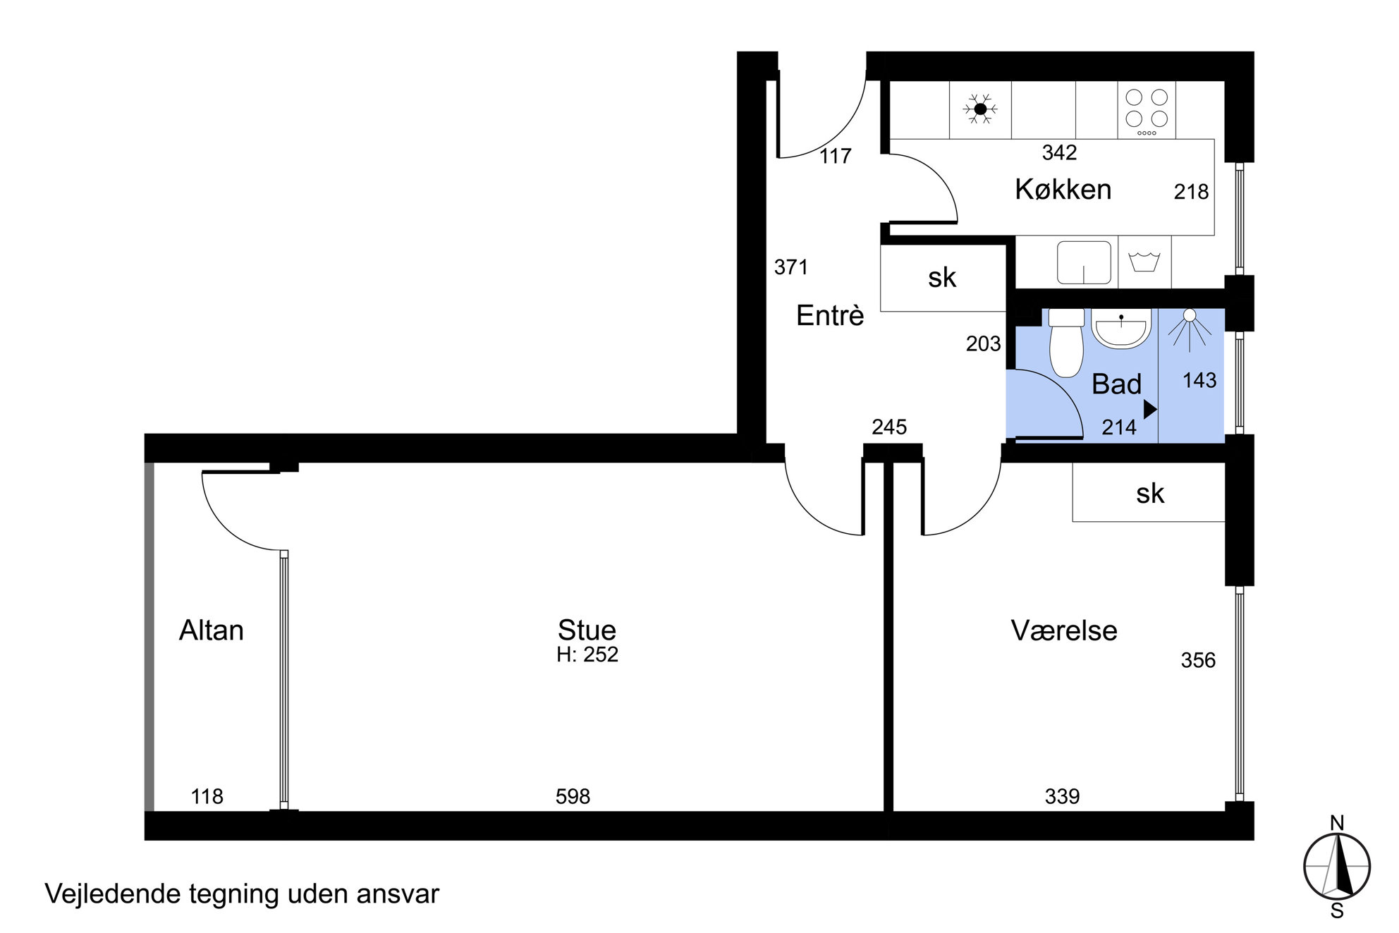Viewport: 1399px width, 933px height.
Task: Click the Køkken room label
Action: [1063, 190]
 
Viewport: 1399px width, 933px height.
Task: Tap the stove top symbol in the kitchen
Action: [1147, 110]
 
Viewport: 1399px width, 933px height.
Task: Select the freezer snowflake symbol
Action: [980, 109]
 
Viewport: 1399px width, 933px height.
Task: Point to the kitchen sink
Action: [1084, 262]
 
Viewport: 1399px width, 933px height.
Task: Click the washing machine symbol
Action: [1144, 262]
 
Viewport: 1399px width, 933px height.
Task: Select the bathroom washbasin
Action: [1121, 329]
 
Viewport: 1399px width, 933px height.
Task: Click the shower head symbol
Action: [1190, 329]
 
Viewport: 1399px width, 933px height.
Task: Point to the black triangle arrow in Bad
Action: [1150, 409]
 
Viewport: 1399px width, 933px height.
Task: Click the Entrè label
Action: [830, 315]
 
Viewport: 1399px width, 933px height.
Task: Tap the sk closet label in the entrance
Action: [942, 278]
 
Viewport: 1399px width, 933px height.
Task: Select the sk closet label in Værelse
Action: [1150, 494]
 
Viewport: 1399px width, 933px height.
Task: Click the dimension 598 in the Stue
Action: [573, 796]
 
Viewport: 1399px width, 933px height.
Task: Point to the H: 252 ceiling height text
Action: [587, 654]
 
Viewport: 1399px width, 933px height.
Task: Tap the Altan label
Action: [212, 630]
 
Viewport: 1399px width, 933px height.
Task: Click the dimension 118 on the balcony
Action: [207, 796]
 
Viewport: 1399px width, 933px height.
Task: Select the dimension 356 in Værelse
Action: [1199, 660]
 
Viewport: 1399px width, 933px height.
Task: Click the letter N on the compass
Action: [1337, 822]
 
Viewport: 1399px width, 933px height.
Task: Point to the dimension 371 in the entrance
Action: [791, 267]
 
